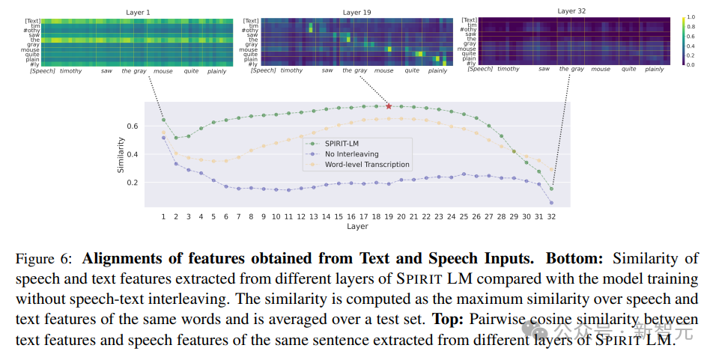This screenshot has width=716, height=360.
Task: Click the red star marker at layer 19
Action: coord(389,106)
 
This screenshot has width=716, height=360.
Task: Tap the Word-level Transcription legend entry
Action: coord(366,164)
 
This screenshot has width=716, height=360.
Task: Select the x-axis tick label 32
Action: coord(551,216)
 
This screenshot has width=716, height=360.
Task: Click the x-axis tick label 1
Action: coord(163,216)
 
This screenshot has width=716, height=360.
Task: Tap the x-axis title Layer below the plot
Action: coord(357,225)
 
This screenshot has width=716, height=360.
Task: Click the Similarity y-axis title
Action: coord(121,155)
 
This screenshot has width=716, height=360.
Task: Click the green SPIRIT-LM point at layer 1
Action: coord(163,120)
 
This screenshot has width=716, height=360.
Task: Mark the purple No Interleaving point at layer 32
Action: coord(551,203)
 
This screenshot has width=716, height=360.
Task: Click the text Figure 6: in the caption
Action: coord(45,259)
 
